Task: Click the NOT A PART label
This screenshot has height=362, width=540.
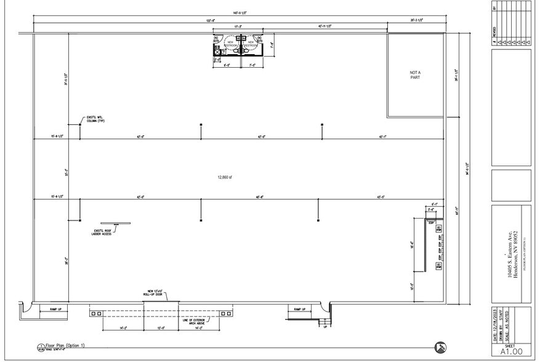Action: click(x=415, y=75)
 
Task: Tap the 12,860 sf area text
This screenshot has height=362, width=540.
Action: click(x=225, y=177)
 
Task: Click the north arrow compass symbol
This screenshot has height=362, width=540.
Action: click(x=440, y=347)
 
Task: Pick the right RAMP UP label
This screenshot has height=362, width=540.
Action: click(x=299, y=309)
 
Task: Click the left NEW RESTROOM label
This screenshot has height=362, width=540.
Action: click(x=231, y=44)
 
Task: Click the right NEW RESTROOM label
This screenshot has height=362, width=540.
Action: click(x=251, y=44)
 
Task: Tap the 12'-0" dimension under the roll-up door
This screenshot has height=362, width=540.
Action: click(x=161, y=328)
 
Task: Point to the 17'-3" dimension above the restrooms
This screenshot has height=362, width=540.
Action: click(x=238, y=26)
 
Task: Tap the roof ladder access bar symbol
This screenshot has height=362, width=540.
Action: click(x=116, y=223)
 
